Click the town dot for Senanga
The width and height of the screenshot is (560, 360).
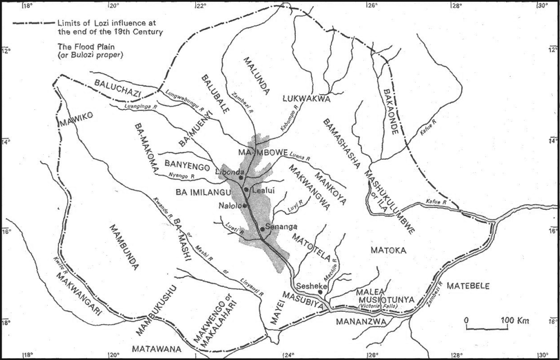click(262, 229)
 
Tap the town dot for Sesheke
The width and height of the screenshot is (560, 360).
click(320, 292)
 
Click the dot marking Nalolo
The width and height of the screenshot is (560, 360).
click(245, 205)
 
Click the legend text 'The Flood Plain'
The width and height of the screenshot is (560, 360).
click(82, 48)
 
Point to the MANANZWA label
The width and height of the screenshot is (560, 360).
click(360, 322)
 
